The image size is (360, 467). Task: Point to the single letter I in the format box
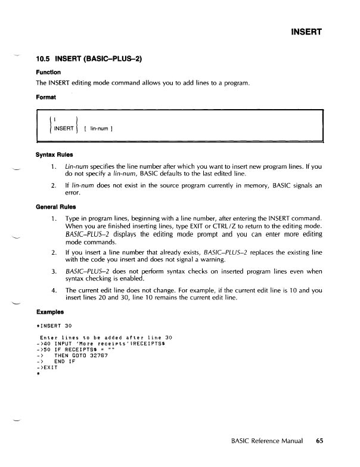pyautogui.click(x=55, y=119)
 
